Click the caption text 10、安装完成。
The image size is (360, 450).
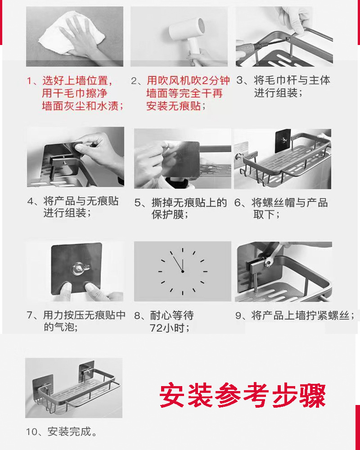(x=62, y=432)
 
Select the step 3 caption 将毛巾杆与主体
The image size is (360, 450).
(x=292, y=81)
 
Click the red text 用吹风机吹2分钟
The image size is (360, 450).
(x=188, y=81)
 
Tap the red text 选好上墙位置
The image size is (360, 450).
(x=77, y=81)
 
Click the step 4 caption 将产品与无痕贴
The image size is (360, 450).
(x=81, y=201)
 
